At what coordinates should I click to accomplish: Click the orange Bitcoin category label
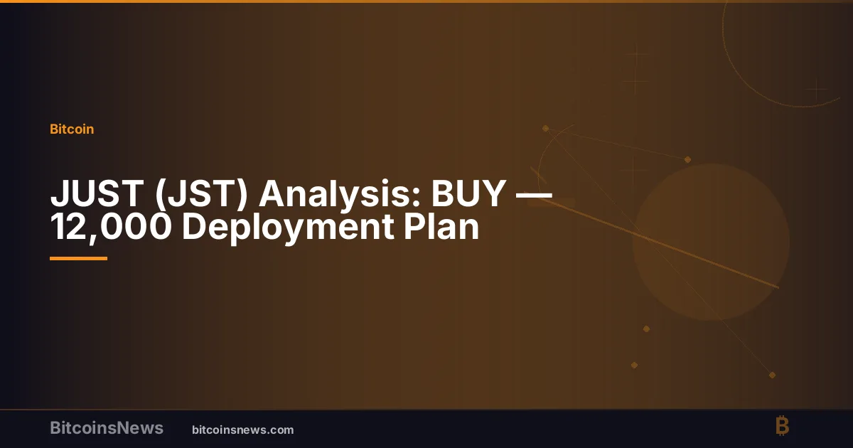pyautogui.click(x=72, y=129)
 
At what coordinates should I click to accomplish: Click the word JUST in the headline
pyautogui.click(x=97, y=193)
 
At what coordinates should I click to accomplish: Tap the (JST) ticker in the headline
pyautogui.click(x=202, y=194)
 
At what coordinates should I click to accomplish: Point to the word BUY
pyautogui.click(x=468, y=193)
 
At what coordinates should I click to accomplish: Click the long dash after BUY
pyautogui.click(x=534, y=195)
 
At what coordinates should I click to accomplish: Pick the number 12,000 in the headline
pyautogui.click(x=111, y=228)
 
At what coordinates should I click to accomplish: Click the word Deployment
pyautogui.click(x=288, y=228)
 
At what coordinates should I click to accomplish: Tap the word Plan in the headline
pyautogui.click(x=441, y=227)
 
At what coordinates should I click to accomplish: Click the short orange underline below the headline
pyautogui.click(x=78, y=259)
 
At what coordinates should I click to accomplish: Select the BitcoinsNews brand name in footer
pyautogui.click(x=107, y=428)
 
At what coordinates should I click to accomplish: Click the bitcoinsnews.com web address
pyautogui.click(x=243, y=430)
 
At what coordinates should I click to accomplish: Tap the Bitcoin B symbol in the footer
pyautogui.click(x=782, y=425)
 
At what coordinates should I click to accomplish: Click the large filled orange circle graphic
pyautogui.click(x=711, y=242)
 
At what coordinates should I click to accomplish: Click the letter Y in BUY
pyautogui.click(x=493, y=193)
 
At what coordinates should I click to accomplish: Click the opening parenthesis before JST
pyautogui.click(x=161, y=194)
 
